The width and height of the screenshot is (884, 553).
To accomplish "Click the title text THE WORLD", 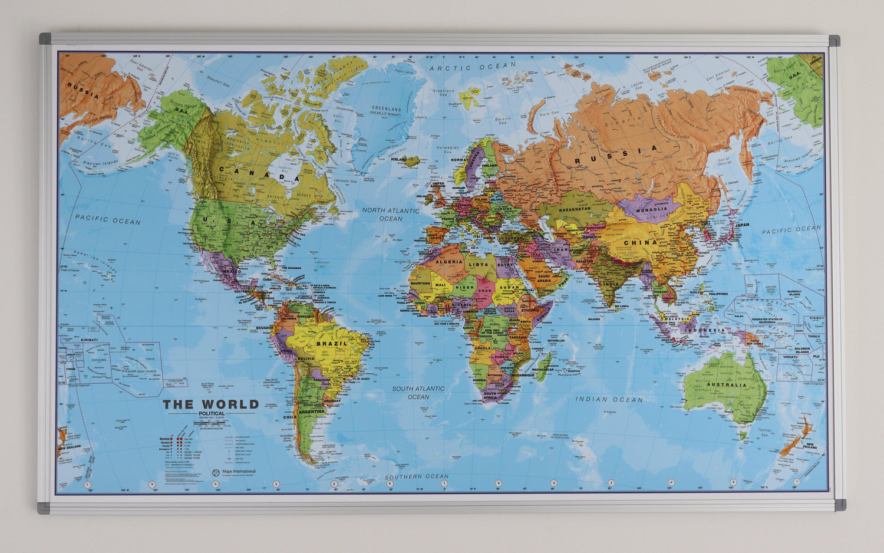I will point(211,404).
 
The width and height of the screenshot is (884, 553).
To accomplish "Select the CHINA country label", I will point(640,242).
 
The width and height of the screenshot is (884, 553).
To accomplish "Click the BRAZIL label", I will point(332,343).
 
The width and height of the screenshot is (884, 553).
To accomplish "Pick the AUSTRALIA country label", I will point(727,385).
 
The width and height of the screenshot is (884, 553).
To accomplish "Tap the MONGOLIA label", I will point(652,209).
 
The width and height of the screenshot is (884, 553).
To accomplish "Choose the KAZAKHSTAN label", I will point(575,209).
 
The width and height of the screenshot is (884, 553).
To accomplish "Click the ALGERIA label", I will point(449,261).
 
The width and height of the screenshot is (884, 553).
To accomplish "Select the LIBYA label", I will point(479,265).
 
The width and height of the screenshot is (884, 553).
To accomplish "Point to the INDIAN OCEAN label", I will point(609,399).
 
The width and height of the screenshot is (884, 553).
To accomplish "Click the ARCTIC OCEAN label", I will point(473,67).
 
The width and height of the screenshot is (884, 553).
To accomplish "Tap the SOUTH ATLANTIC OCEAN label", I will point(418,393).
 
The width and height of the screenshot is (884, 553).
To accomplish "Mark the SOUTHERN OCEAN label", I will point(417,476).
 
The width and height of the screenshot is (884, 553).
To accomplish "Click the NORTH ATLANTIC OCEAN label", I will point(391,214).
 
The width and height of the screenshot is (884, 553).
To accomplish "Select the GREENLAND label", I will point(386,111).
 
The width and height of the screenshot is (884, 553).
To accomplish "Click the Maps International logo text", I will point(238,472).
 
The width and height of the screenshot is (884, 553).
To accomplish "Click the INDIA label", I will point(611,284).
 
